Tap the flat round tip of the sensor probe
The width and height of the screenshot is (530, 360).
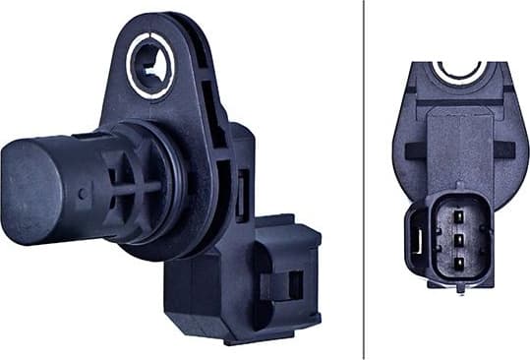click(22, 190)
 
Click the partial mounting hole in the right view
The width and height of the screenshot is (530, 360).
click(458, 71)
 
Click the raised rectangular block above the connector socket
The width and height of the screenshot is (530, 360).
click(457, 148)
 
